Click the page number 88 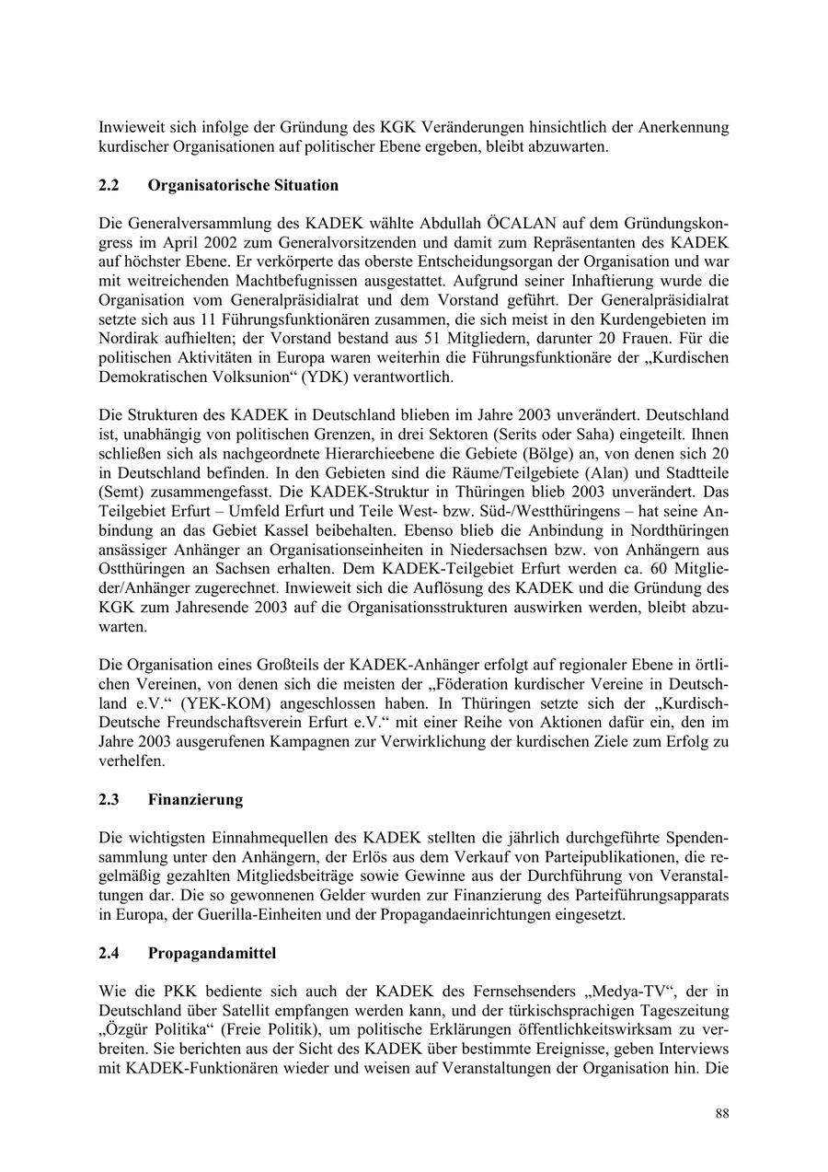(x=722, y=1113)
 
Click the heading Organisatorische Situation (x=243, y=185)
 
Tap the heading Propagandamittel (x=212, y=953)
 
